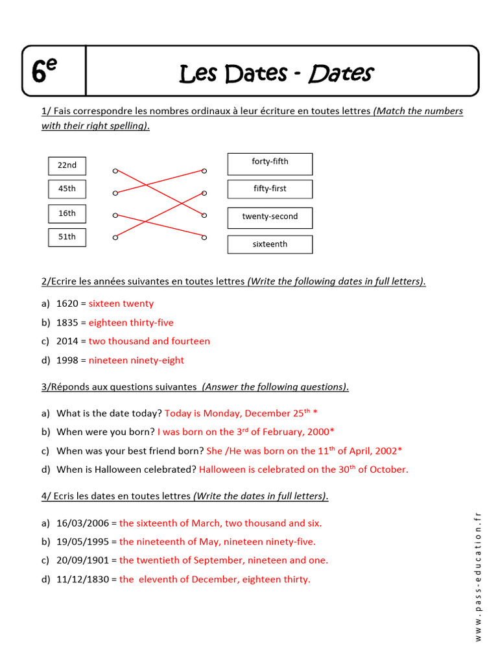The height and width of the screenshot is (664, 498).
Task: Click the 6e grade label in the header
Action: [x=45, y=72]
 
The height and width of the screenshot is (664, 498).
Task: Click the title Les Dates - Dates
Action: [x=276, y=74]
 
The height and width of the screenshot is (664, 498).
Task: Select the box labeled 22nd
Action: [x=67, y=165]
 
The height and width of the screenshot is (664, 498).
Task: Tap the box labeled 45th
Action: [x=67, y=189]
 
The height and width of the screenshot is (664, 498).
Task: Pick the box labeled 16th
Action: [x=67, y=213]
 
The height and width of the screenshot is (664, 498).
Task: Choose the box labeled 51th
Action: [x=67, y=237]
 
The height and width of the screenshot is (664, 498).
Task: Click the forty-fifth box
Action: [x=270, y=163]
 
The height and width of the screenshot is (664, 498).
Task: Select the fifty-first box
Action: [x=270, y=189]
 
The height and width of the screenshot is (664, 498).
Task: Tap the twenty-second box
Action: [x=270, y=217]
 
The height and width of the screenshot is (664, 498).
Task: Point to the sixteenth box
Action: [x=270, y=244]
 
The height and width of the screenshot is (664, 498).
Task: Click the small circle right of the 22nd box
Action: [x=115, y=171]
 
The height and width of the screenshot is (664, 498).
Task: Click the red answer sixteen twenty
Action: [x=121, y=303]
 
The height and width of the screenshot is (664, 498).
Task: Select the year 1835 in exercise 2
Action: [x=67, y=322]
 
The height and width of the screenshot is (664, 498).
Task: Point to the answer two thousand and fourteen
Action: [x=149, y=341]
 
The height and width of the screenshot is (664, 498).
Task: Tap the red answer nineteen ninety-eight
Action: [x=136, y=361]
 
